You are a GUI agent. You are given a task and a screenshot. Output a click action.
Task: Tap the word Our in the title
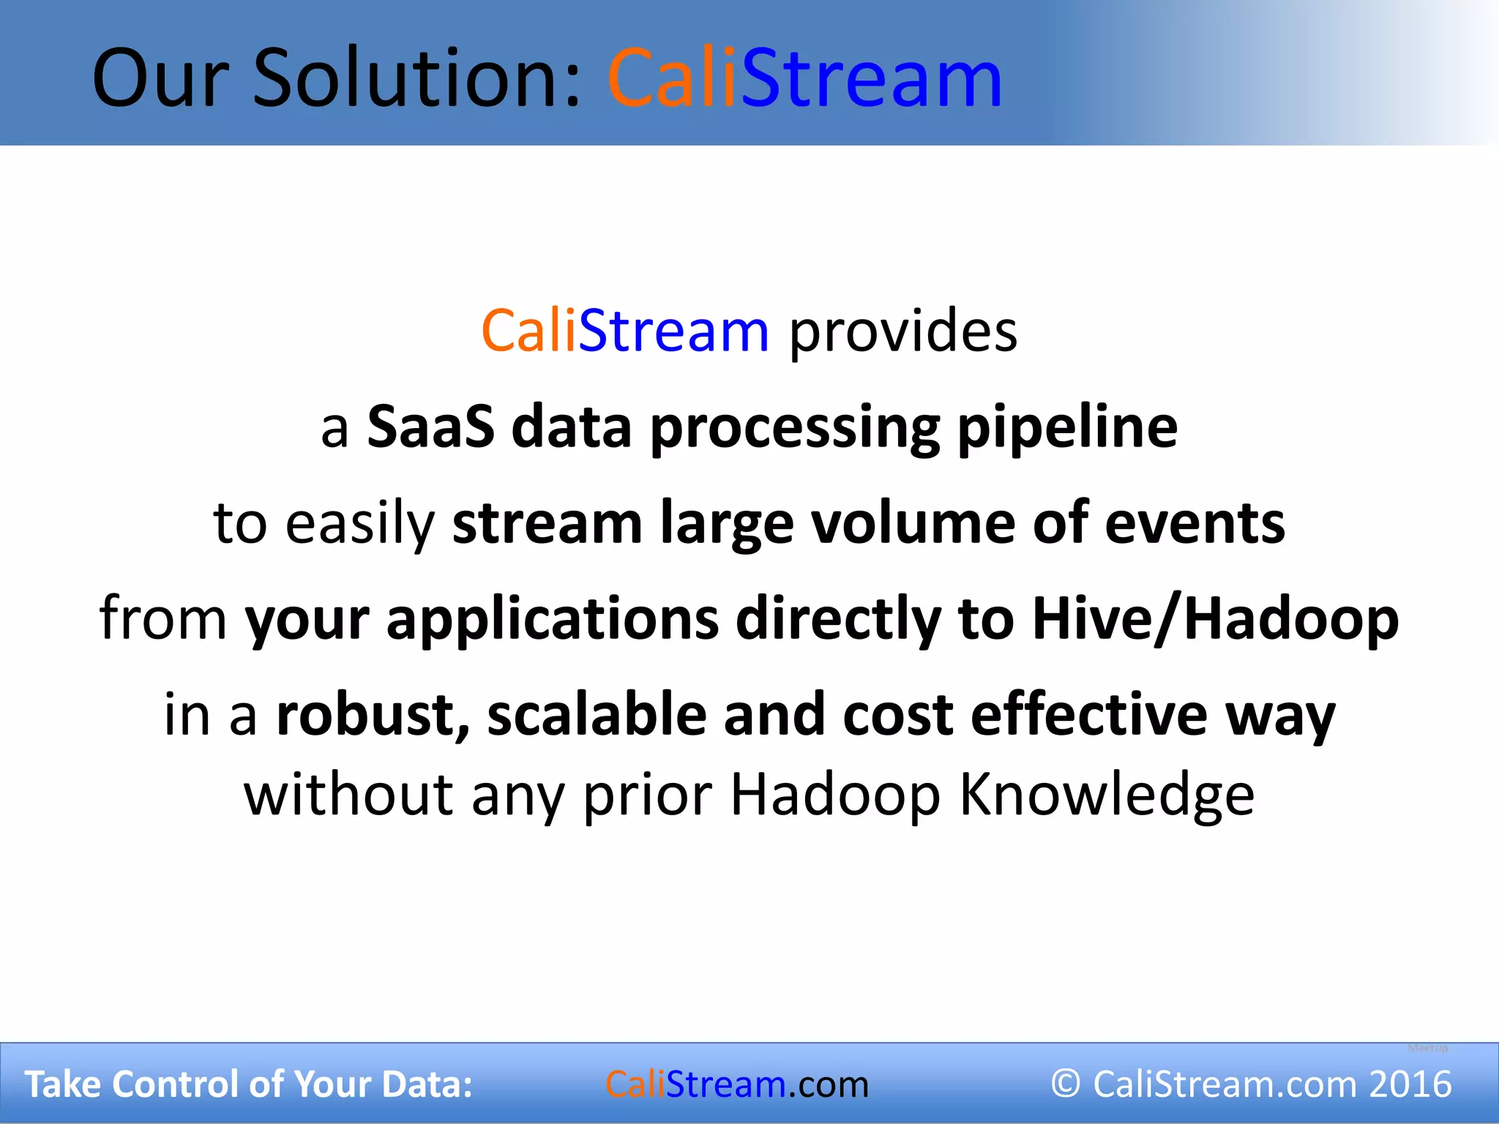click(x=162, y=79)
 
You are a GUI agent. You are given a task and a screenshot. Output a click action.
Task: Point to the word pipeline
click(x=1068, y=428)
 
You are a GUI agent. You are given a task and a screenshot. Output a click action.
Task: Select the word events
click(x=1195, y=523)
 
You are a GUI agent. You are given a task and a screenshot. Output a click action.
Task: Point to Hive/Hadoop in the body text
click(x=1215, y=620)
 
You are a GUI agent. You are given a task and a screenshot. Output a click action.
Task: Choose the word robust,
click(x=373, y=715)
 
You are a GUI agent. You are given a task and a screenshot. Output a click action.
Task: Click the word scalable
click(x=597, y=715)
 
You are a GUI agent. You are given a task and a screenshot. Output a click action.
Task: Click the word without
click(x=348, y=795)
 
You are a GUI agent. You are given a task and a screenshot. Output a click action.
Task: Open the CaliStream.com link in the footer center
click(x=736, y=1084)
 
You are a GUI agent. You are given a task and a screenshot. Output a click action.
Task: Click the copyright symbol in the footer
click(x=1066, y=1084)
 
